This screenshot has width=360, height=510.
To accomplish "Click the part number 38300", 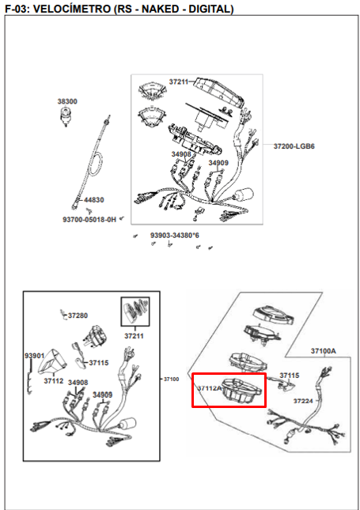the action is (67, 101).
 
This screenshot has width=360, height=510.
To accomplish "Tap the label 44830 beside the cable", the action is (93, 200).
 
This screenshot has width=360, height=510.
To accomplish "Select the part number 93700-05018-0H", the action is (89, 220).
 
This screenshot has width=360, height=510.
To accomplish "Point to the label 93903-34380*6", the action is (175, 235).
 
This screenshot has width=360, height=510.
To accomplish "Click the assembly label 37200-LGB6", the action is (294, 146).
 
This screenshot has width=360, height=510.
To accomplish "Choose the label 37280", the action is (78, 315).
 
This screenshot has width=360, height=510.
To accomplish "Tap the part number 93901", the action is (35, 356).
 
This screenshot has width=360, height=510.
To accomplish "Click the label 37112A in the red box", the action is (210, 388).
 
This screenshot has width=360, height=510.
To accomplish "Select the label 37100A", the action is (324, 351).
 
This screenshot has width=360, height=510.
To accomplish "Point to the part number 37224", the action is (303, 401).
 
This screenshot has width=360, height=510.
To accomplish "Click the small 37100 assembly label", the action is (171, 380).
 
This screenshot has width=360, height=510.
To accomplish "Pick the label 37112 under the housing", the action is (54, 381).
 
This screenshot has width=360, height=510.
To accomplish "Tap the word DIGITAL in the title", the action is (211, 9).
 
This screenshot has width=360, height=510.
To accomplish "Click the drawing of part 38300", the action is (66, 116).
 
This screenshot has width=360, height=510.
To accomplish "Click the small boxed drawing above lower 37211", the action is (135, 312).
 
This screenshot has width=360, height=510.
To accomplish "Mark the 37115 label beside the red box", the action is (290, 376).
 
